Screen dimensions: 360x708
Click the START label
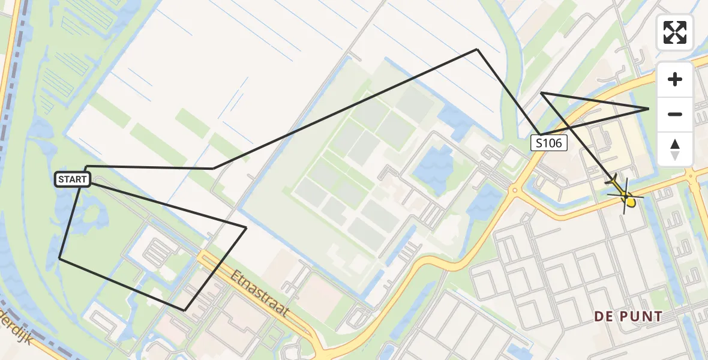73,179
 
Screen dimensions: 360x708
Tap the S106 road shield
548,143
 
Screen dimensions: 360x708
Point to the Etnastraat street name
260,295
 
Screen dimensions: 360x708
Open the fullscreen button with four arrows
675,32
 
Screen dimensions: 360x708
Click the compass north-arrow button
675,149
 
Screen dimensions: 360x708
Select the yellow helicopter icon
624,193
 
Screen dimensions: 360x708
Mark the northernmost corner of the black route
477,49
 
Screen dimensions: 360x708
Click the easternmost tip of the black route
649,109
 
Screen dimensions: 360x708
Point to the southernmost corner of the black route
184,310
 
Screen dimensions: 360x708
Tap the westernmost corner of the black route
59,258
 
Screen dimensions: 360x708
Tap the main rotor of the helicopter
626,196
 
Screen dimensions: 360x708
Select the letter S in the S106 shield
539,143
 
